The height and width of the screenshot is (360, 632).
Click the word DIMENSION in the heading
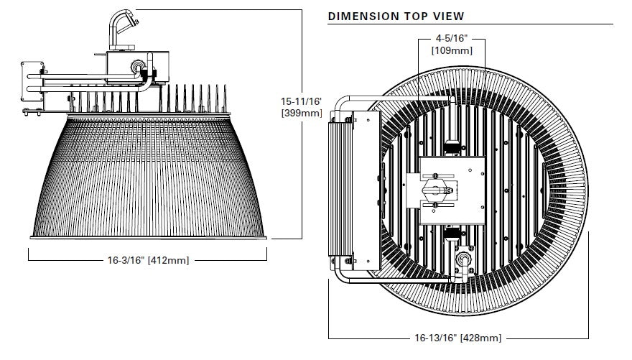pyautogui.click(x=363, y=16)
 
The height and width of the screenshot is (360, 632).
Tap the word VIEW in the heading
pyautogui.click(x=447, y=16)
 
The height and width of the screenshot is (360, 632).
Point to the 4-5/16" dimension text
pyautogui.click(x=450, y=39)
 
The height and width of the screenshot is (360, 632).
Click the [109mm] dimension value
pyautogui.click(x=450, y=50)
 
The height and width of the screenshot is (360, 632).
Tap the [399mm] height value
pyautogui.click(x=301, y=113)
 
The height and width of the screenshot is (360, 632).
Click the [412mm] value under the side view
pyautogui.click(x=168, y=260)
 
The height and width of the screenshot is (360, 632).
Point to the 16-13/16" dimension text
pyautogui.click(x=436, y=338)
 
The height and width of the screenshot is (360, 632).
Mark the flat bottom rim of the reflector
pyautogui.click(x=149, y=237)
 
